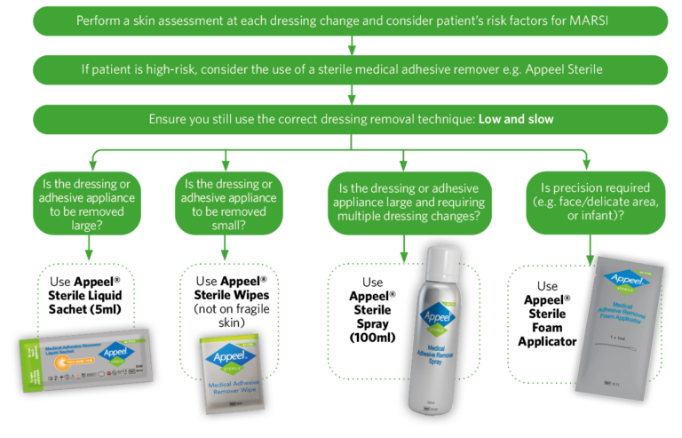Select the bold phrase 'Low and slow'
(517, 118)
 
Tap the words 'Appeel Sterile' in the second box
(557, 69)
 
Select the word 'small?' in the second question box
(228, 227)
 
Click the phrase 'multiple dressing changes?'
(403, 218)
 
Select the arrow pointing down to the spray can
(403, 250)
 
